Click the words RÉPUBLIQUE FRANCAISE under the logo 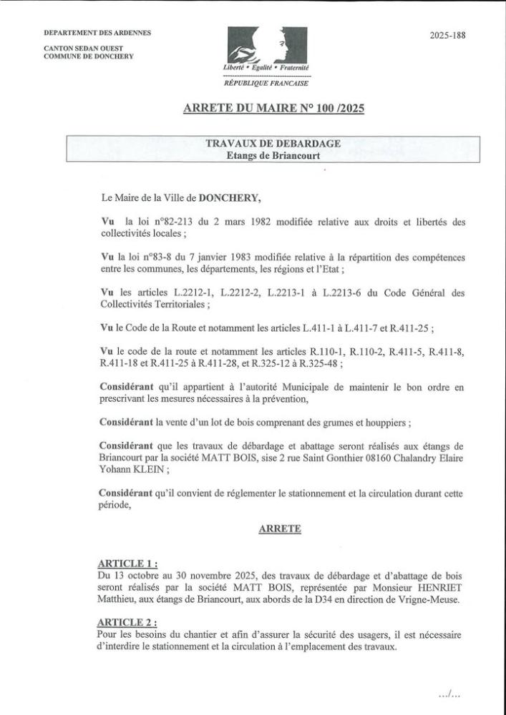(267, 83)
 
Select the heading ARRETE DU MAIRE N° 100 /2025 (273, 109)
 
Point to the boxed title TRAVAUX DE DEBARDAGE (273, 143)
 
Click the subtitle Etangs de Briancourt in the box (273, 155)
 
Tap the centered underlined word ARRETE (279, 529)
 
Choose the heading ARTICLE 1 (126, 563)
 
